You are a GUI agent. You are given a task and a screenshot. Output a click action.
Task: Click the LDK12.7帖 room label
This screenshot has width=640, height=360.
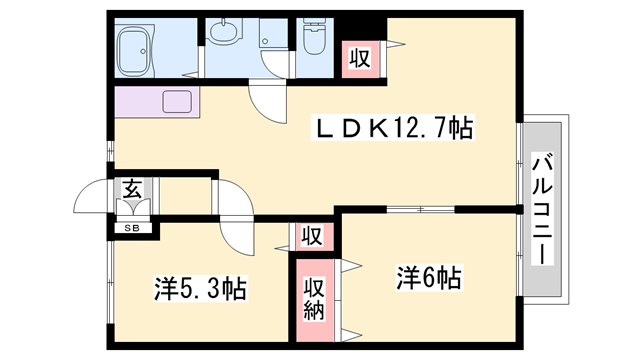tap(392, 128)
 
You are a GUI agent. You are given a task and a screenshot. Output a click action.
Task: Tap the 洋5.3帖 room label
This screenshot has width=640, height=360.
tap(200, 289)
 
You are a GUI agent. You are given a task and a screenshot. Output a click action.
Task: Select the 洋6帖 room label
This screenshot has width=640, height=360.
tap(429, 278)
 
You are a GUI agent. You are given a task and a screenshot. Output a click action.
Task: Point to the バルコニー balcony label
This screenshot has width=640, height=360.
tap(542, 209)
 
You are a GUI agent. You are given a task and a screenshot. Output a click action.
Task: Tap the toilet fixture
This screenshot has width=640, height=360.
tap(314, 36)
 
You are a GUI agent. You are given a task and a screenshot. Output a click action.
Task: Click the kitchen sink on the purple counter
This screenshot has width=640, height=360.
tap(177, 101)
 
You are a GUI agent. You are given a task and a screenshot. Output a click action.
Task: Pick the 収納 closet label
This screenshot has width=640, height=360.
tap(313, 300)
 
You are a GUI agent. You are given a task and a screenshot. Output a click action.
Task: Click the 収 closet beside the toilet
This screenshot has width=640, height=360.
tap(360, 59)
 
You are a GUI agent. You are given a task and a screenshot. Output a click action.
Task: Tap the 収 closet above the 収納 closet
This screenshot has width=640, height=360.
tap(312, 236)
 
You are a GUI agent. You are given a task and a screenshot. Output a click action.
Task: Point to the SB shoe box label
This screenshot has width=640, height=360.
tap(132, 229)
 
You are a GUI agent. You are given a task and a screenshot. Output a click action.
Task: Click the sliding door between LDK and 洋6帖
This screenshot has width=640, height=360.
tap(420, 209)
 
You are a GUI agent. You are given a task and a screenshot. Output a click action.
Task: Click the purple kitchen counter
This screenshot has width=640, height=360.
tap(157, 102)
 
